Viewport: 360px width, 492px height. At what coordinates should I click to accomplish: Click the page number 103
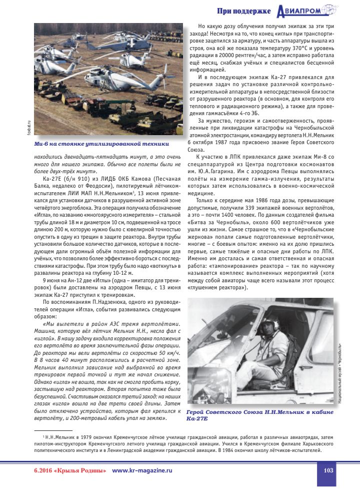pyautogui.click(x=328, y=470)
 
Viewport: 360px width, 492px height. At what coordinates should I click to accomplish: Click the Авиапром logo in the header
pyautogui.click(x=314, y=11)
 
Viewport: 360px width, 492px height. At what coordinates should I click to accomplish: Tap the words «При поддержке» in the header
pyautogui.click(x=244, y=11)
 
